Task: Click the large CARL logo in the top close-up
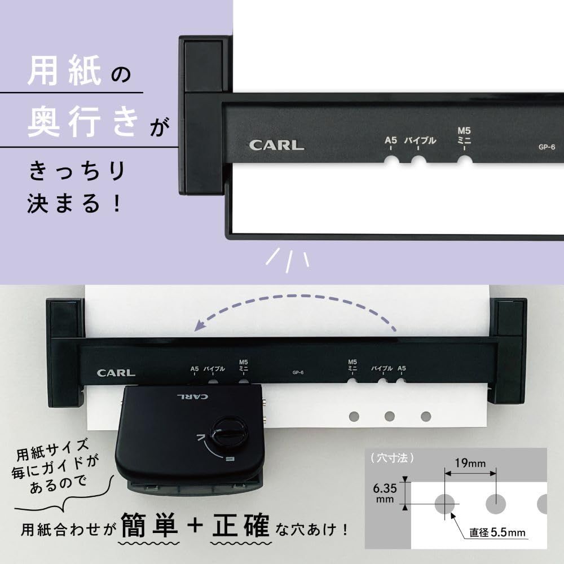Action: (276, 144)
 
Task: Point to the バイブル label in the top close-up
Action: (420, 141)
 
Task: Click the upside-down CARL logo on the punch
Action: (193, 396)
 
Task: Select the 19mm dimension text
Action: (470, 464)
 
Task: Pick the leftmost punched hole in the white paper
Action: (354, 416)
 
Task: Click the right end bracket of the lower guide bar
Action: (508, 352)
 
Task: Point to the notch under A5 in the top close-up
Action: (391, 162)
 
